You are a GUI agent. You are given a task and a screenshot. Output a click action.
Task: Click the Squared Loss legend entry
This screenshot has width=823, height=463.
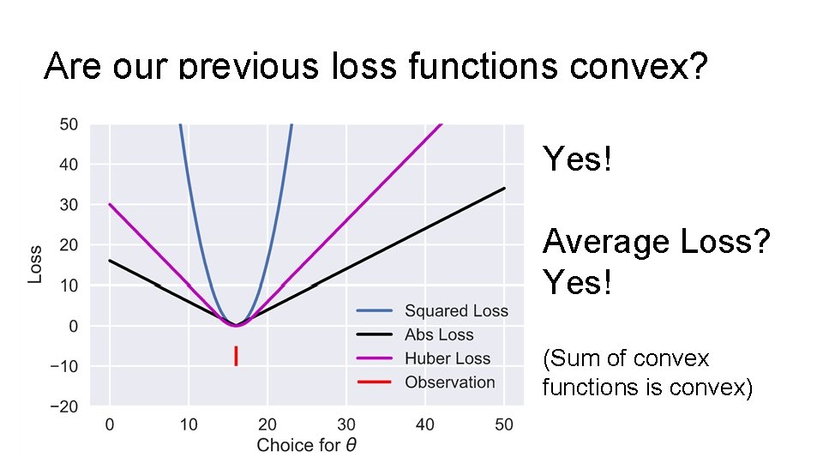pyautogui.click(x=455, y=311)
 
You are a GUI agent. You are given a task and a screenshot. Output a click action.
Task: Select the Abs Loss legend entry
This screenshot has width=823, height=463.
pyautogui.click(x=438, y=335)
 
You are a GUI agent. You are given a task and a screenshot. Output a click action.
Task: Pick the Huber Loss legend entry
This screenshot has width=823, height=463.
pyautogui.click(x=447, y=358)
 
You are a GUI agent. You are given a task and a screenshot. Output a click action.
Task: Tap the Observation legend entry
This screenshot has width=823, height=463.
pyautogui.click(x=449, y=382)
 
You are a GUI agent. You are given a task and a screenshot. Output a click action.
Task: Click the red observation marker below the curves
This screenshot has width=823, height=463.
pyautogui.click(x=236, y=356)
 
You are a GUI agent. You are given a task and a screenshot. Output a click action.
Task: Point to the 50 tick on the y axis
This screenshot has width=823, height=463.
pyautogui.click(x=69, y=124)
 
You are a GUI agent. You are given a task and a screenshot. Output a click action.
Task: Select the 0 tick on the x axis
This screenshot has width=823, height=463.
pyautogui.click(x=110, y=424)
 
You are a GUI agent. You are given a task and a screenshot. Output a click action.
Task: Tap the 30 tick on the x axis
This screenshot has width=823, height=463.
pyautogui.click(x=346, y=424)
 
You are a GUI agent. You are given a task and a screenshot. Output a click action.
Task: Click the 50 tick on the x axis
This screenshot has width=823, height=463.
pyautogui.click(x=504, y=424)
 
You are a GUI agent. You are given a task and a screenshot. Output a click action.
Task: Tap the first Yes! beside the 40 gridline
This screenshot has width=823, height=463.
pyautogui.click(x=578, y=159)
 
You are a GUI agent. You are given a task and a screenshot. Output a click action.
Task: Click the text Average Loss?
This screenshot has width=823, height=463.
pyautogui.click(x=657, y=243)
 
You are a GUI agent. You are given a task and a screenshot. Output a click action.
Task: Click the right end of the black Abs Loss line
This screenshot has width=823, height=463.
pyautogui.click(x=504, y=188)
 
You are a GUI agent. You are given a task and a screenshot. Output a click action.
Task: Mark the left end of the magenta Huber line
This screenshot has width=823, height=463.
pyautogui.click(x=110, y=204)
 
